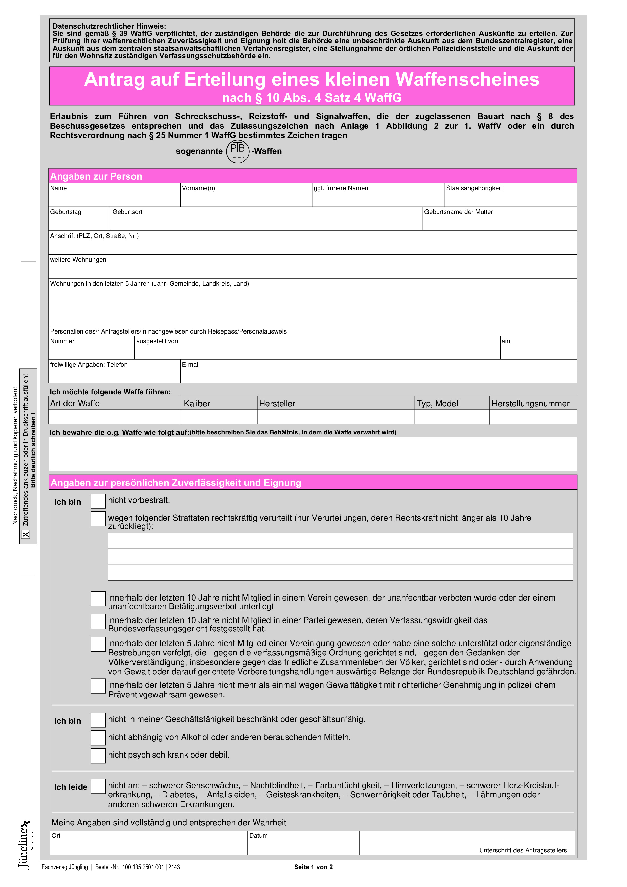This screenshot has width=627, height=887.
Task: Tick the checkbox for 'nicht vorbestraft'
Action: [98, 501]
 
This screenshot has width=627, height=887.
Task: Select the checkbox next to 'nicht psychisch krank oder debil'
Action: [98, 756]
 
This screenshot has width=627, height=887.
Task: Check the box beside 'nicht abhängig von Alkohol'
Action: [98, 738]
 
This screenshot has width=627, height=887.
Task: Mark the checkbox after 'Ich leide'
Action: [98, 786]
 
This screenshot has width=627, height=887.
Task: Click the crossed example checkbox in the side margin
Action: [26, 534]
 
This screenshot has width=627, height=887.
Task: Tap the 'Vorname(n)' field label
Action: [198, 188]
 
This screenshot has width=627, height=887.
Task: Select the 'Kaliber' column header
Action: [197, 404]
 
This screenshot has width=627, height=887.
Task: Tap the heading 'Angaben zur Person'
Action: [96, 176]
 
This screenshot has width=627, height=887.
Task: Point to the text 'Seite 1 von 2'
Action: [313, 867]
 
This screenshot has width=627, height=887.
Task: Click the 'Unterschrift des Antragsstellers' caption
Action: [523, 850]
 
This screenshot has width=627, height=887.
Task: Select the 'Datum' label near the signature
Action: [258, 836]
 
